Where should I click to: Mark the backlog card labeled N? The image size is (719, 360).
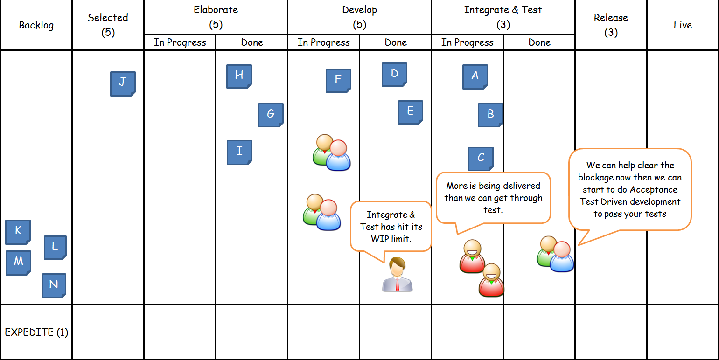coord(54,285)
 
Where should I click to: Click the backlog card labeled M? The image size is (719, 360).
coord(18,263)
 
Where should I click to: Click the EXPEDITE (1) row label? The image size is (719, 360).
coord(36,332)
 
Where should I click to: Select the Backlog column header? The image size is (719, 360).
coord(36,25)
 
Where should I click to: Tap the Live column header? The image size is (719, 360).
coord(682,25)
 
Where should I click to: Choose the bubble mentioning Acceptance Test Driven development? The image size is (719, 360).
coord(629,189)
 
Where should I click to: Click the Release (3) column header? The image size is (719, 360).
coord(611,25)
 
